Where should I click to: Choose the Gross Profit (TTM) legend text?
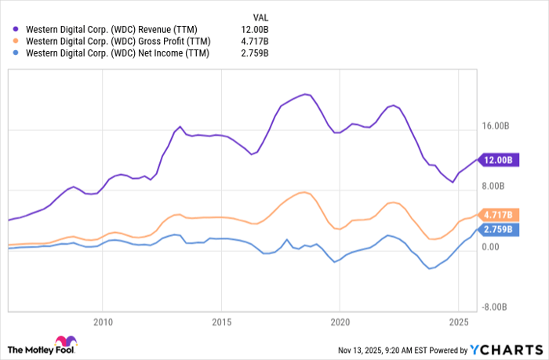click(x=118, y=41)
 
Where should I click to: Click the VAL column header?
click(x=260, y=15)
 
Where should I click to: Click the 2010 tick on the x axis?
click(x=102, y=322)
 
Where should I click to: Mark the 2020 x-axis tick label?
click(x=340, y=322)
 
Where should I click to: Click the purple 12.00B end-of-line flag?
click(x=499, y=160)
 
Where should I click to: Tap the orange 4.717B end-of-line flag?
click(x=499, y=215)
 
